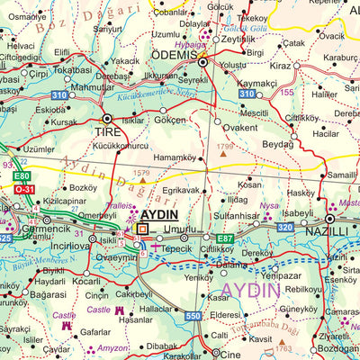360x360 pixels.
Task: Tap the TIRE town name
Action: tap(106, 132)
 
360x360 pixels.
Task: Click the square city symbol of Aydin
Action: tap(142, 229)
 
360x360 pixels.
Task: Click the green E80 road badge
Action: tap(22, 176)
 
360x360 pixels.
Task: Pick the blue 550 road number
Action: tap(193, 316)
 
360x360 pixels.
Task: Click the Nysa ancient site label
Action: tap(269, 205)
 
